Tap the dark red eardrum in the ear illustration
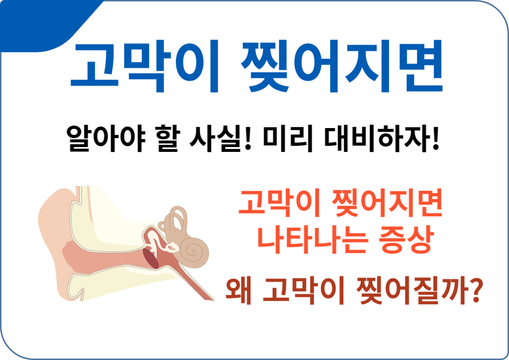tap(151, 259)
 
